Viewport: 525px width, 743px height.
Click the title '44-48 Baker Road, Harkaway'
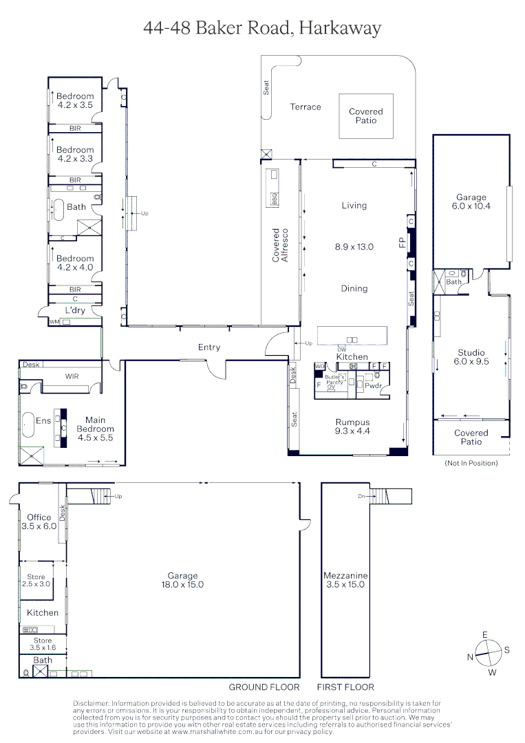pyautogui.click(x=262, y=28)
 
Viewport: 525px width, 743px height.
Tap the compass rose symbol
pyautogui.click(x=489, y=653)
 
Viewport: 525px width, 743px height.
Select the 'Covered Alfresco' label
pyautogui.click(x=280, y=246)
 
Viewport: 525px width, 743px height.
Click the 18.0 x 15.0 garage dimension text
pyautogui.click(x=182, y=585)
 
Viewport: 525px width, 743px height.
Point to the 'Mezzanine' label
pyautogui.click(x=345, y=575)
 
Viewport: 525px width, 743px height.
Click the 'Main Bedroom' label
pyautogui.click(x=95, y=420)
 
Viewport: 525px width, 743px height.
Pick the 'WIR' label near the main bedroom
pyautogui.click(x=72, y=376)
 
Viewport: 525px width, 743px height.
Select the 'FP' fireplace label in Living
pyautogui.click(x=403, y=242)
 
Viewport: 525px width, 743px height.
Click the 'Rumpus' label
pyautogui.click(x=352, y=422)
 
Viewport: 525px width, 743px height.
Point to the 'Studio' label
pyautogui.click(x=471, y=352)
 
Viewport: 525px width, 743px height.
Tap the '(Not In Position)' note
pyautogui.click(x=471, y=463)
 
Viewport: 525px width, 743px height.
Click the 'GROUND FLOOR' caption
pyautogui.click(x=264, y=687)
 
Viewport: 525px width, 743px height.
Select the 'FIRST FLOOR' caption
pyautogui.click(x=345, y=687)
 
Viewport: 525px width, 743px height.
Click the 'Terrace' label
pyautogui.click(x=305, y=107)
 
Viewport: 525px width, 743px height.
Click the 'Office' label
pyautogui.click(x=39, y=517)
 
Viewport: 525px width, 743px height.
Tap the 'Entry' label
pyautogui.click(x=209, y=347)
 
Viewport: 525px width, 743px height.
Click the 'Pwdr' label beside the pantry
pyautogui.click(x=373, y=387)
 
